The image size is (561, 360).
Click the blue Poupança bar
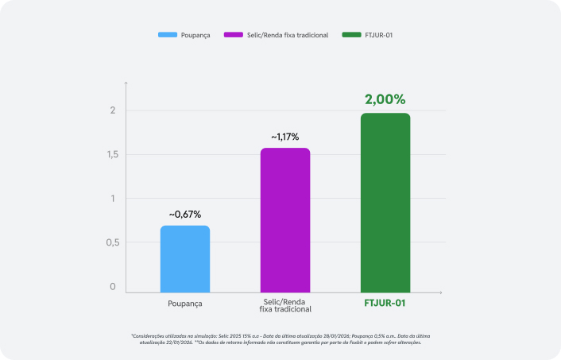click(x=185, y=259)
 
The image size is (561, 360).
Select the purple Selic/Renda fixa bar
click(x=285, y=220)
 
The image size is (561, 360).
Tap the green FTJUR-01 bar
click(x=385, y=203)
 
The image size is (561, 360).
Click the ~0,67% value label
click(x=185, y=215)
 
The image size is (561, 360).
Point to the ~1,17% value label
click(x=285, y=137)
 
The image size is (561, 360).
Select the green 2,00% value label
click(x=385, y=100)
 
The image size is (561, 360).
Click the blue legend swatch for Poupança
click(x=167, y=35)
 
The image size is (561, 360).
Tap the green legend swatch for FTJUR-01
click(x=351, y=35)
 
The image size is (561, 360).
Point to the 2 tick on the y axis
click(x=114, y=110)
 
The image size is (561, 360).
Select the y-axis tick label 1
click(x=114, y=199)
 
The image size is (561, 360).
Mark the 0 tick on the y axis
click(x=113, y=287)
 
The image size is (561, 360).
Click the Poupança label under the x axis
click(x=185, y=304)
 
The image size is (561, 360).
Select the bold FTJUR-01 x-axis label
click(x=385, y=304)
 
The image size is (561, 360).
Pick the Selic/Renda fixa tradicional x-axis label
click(x=285, y=307)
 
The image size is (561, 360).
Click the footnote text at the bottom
click(x=280, y=339)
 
